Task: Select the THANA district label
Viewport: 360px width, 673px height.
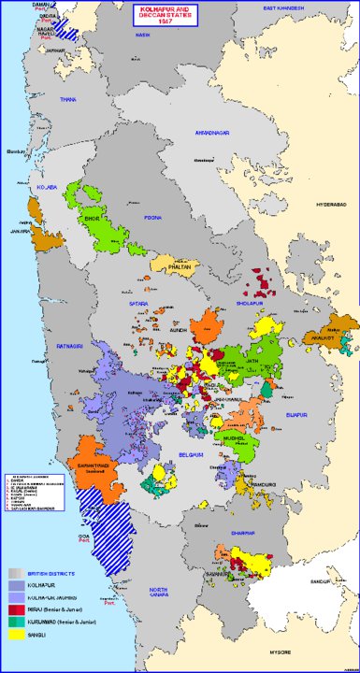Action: (68, 98)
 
